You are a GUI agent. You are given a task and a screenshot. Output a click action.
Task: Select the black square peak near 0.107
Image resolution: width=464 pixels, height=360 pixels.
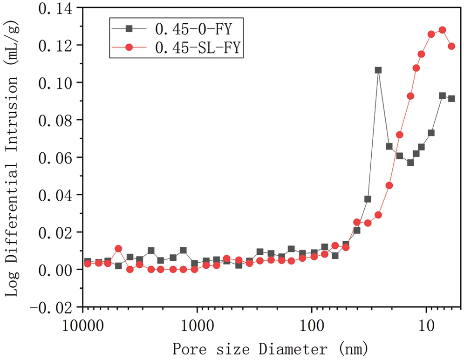[x=378, y=70]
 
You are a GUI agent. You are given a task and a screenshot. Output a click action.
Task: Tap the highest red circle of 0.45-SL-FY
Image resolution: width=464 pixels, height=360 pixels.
[x=442, y=30]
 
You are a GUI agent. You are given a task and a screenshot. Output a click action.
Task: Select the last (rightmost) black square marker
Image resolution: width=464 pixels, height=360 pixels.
[x=451, y=99]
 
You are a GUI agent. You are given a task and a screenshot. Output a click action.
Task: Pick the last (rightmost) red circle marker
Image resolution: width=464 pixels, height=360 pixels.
[x=451, y=46]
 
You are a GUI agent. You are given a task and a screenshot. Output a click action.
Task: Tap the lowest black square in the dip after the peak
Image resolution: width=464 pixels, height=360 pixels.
[x=410, y=163]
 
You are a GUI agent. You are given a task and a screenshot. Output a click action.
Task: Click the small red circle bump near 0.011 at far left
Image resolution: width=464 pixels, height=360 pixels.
[x=118, y=249]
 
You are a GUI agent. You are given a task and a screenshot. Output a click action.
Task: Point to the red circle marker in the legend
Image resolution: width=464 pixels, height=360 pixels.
[x=130, y=48]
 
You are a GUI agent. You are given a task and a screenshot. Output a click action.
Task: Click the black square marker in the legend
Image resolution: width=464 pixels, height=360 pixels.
[x=130, y=28]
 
